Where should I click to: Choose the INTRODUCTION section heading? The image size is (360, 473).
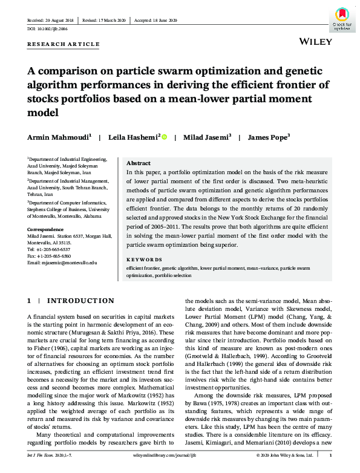click(80, 301)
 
